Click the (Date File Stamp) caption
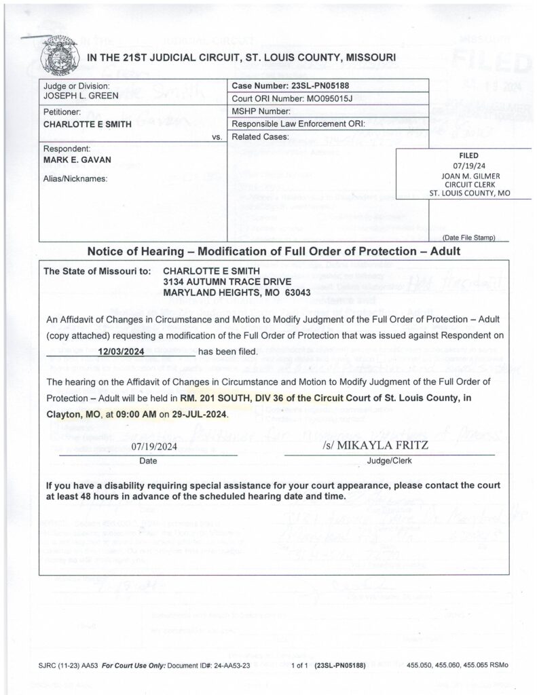coord(468,238)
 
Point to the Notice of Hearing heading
coord(274,251)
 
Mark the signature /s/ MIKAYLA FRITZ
coord(371,447)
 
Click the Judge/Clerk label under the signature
coord(389,460)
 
